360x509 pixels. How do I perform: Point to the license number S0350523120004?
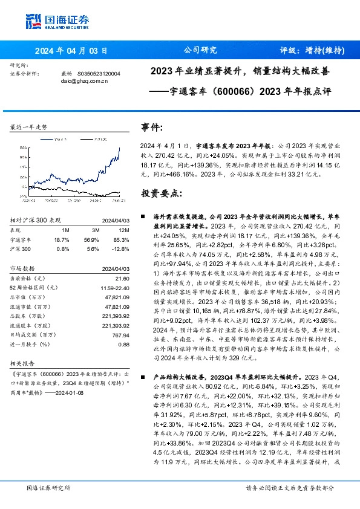pos(99,73)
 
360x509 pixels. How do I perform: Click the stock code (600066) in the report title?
pos(235,93)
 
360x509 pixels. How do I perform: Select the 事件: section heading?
pos(152,128)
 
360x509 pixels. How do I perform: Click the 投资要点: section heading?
pos(160,193)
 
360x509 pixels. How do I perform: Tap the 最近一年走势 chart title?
pos(28,128)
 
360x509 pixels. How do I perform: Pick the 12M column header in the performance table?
pos(125,230)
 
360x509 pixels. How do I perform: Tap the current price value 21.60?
pos(123,277)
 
